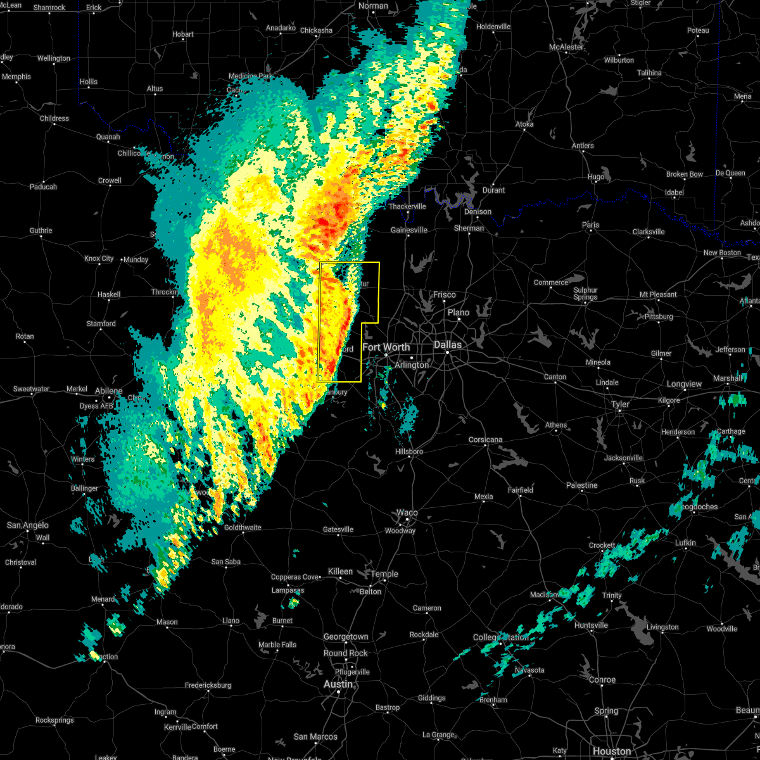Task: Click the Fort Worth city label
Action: point(386,347)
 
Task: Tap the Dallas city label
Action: point(448,345)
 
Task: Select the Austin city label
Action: point(338,684)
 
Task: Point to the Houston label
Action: point(612,751)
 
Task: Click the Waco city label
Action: point(407,512)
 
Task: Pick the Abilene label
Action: point(108,391)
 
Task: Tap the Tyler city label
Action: point(620,404)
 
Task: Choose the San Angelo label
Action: point(27,525)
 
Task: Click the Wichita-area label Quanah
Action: point(108,136)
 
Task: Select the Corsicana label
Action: point(486,440)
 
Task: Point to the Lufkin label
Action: point(685,543)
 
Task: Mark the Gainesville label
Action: point(409,230)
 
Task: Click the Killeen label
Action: point(340,571)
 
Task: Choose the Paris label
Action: point(590,225)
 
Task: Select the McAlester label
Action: point(566,47)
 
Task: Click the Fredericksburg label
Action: point(208,685)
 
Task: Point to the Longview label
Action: point(684,384)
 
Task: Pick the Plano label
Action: point(459,312)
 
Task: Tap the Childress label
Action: point(54,118)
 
